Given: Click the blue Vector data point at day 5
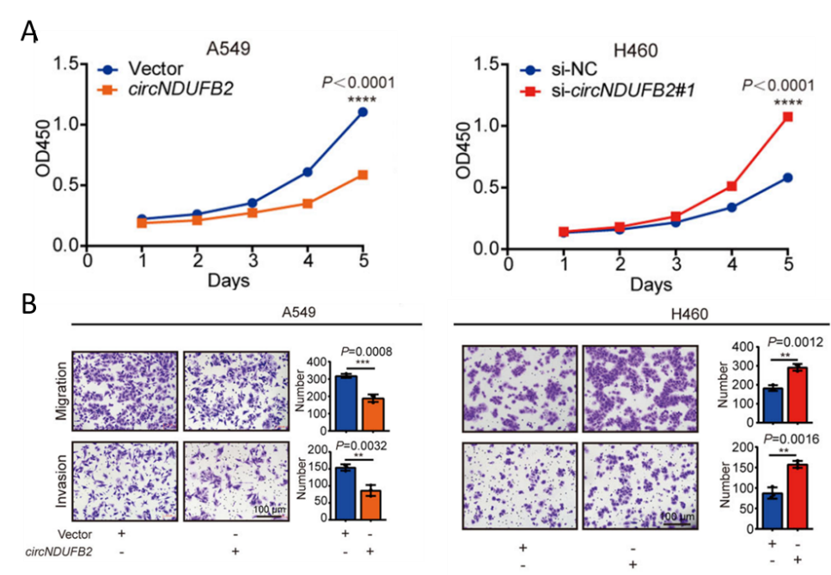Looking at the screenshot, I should coord(363,112).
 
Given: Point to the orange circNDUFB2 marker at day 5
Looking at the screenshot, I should coord(363,174).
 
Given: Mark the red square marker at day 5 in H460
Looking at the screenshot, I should coord(787,116).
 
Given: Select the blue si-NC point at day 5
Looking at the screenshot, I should coord(787,178).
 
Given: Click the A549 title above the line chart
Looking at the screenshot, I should coord(229,48).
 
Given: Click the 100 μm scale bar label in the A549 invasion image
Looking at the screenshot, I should coord(269,511).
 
